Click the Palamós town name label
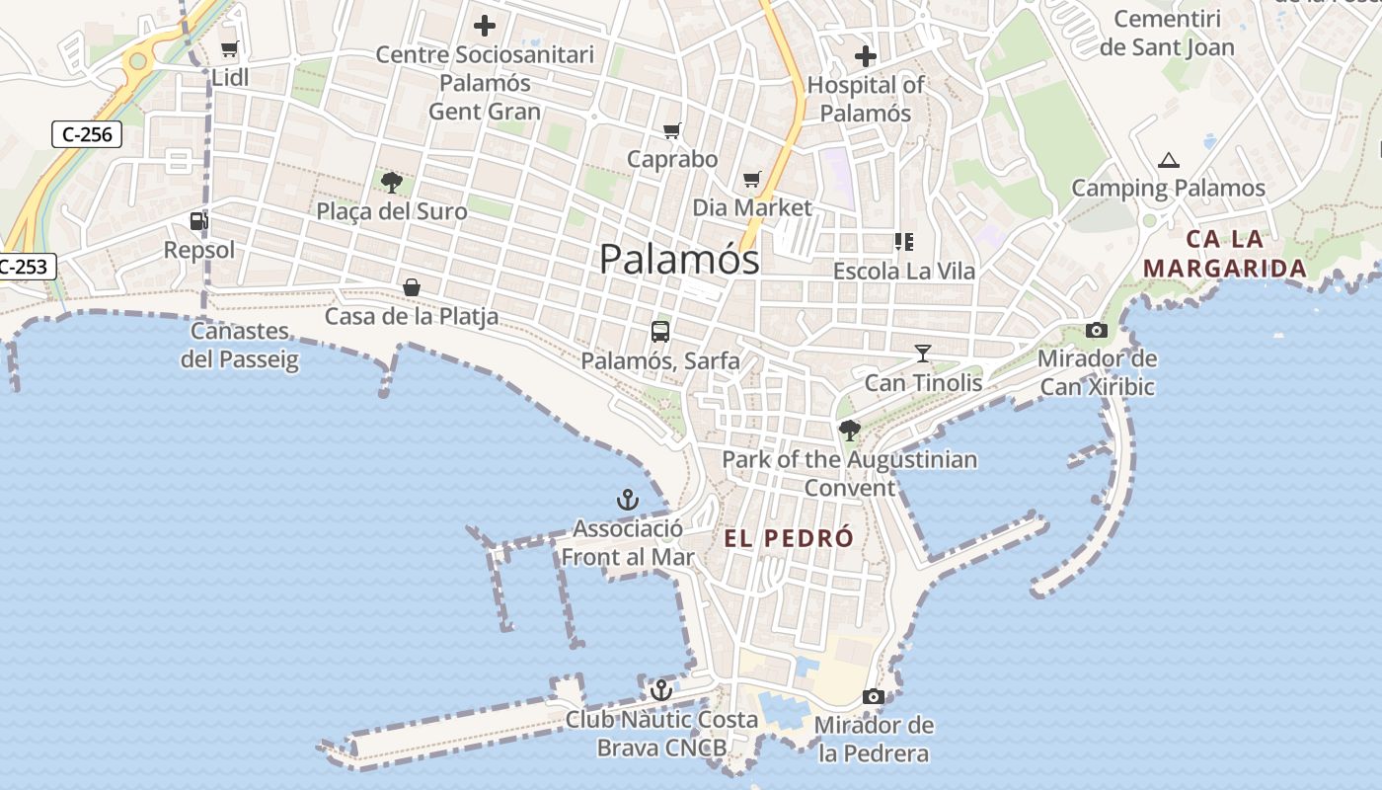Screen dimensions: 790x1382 click(x=679, y=259)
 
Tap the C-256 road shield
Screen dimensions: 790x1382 click(x=87, y=134)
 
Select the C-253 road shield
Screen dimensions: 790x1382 click(x=22, y=266)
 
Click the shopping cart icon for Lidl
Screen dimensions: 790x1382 click(x=230, y=48)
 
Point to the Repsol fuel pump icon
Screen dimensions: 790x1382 click(x=199, y=220)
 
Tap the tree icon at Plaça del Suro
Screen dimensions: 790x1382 click(x=392, y=182)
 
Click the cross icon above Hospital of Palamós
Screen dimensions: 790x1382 click(x=866, y=56)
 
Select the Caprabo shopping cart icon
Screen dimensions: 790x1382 click(x=672, y=130)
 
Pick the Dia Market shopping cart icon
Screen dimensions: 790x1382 click(x=752, y=179)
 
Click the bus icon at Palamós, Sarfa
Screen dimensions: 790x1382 click(x=660, y=332)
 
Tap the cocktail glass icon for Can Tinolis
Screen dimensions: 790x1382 click(x=923, y=353)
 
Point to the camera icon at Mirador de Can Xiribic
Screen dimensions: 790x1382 click(x=1097, y=330)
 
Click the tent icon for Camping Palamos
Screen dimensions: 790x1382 click(x=1169, y=160)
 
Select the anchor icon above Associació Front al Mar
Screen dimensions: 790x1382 click(x=628, y=500)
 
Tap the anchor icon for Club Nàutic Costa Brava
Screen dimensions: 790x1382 click(x=661, y=690)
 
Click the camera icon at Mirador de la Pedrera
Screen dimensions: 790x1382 click(x=873, y=697)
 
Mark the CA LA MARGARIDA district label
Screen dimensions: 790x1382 click(x=1224, y=254)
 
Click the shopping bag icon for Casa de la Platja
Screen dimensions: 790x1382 click(x=412, y=287)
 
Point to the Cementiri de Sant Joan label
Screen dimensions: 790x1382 click(x=1167, y=33)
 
